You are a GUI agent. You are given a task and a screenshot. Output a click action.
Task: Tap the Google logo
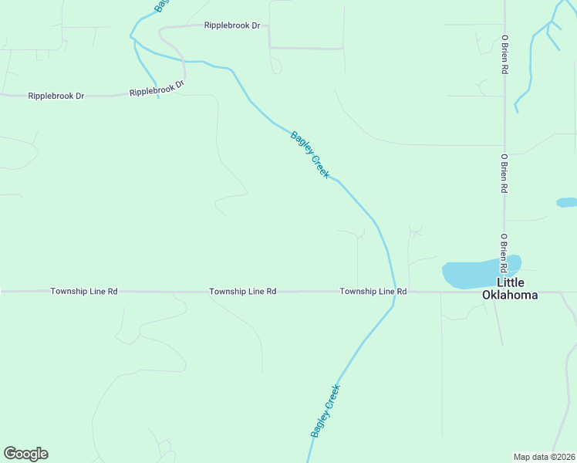pos(25,454)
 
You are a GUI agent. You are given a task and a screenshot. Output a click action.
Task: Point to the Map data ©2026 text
pos(544,457)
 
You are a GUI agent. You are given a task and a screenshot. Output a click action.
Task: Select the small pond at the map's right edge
pos(567,202)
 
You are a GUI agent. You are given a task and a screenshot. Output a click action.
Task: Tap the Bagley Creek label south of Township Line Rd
pos(325,411)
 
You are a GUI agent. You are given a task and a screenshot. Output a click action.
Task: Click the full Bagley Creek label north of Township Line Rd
pos(310,155)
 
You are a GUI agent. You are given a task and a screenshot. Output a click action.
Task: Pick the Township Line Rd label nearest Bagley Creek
pos(373,292)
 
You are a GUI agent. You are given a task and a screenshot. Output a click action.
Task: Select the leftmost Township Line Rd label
pos(84,292)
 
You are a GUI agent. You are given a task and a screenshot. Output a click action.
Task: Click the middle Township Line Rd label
pos(242,292)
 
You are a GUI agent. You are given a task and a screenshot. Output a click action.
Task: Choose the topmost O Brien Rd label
pos(504,54)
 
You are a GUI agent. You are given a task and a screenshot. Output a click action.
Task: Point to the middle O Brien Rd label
pos(504,173)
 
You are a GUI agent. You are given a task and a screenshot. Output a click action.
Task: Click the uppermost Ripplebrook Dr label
pos(232,25)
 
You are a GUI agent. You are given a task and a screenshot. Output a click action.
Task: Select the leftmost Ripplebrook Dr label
pos(56,96)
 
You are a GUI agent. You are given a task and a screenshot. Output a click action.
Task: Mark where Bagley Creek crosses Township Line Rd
pos(394,292)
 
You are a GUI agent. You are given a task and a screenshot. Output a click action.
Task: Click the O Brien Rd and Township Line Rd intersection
pos(504,292)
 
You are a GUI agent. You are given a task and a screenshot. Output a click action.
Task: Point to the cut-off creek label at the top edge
pos(160,5)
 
